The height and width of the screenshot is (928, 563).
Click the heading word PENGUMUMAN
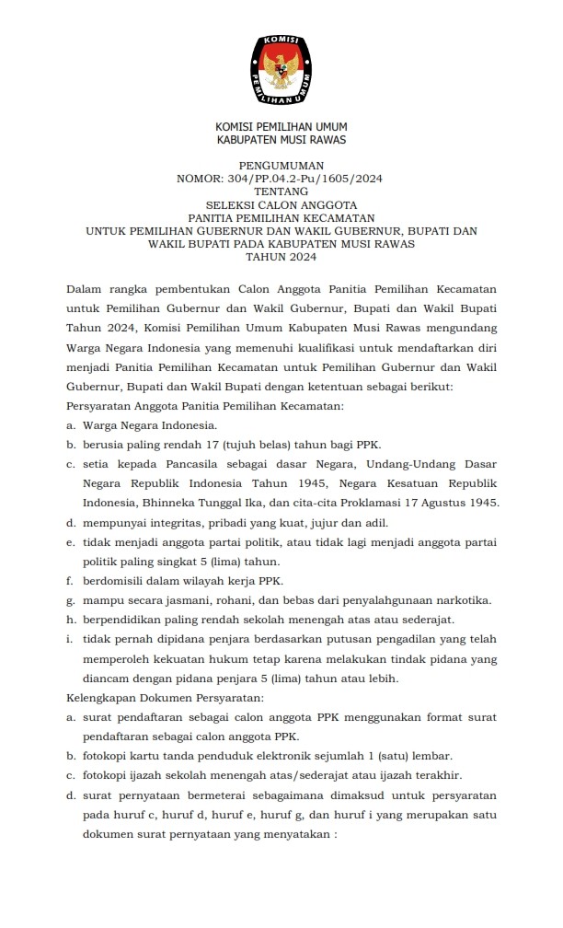(281, 166)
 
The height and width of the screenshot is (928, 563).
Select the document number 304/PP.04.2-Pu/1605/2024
(312, 179)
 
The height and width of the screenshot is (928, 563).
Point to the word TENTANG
(281, 191)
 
